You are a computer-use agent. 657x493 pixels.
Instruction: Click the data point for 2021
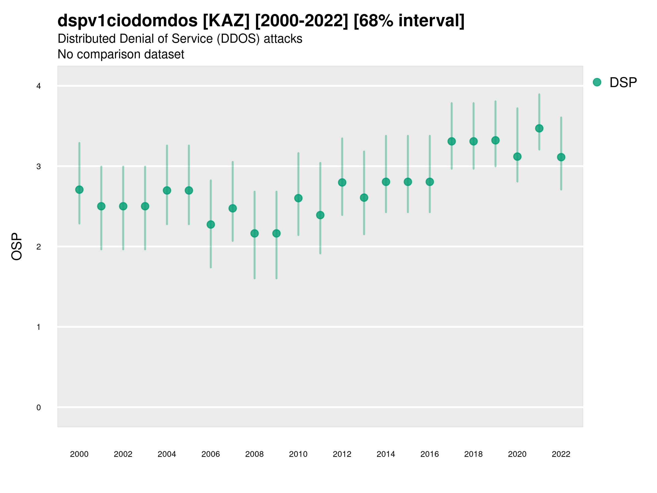pos(539,128)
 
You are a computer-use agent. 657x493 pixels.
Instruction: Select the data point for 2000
pos(79,190)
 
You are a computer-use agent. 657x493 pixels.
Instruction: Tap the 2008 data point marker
pos(255,233)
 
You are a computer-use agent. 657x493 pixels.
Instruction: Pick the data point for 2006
pos(211,224)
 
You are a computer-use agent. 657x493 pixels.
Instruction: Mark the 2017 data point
pos(451,141)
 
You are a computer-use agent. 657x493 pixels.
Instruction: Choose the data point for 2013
pos(364,198)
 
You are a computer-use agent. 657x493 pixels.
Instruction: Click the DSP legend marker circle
pos(597,82)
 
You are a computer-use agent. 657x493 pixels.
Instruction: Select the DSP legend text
pos(623,83)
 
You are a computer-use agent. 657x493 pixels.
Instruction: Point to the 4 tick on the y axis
pos(39,86)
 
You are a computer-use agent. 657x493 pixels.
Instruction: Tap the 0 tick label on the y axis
pos(39,408)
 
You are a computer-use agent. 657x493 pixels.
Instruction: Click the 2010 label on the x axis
pos(298,454)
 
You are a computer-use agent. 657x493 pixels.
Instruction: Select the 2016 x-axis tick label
pos(430,454)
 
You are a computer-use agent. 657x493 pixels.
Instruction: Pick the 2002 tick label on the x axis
pos(123,454)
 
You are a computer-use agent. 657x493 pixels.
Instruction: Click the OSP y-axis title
pos(17,246)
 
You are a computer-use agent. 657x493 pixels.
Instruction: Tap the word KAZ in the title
pos(226,21)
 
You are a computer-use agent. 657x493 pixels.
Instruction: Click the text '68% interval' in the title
pos(409,21)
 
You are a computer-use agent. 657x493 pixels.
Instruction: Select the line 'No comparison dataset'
pos(121,55)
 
